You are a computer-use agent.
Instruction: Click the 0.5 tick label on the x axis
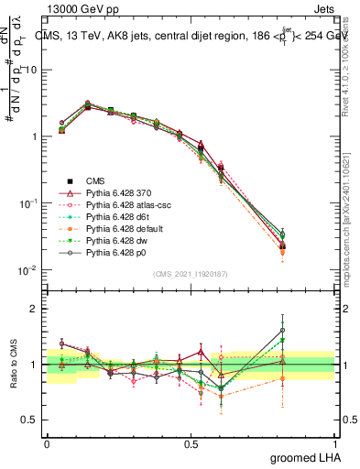coord(191,442)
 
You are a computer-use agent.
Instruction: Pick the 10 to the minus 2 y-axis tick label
coord(27,269)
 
